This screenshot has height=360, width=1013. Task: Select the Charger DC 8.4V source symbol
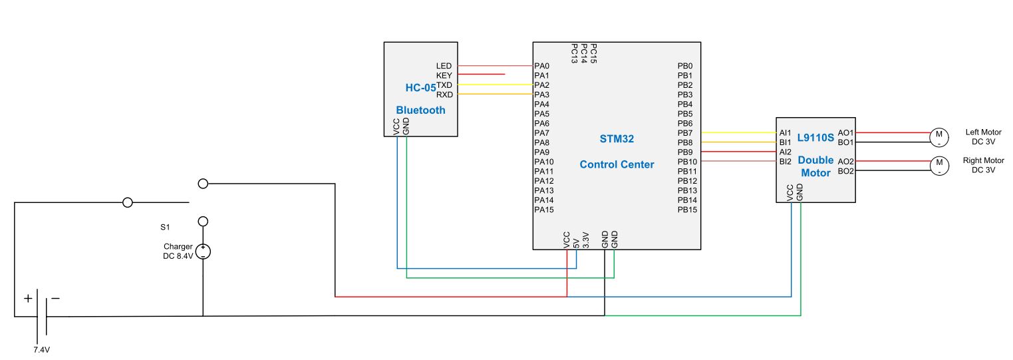203,252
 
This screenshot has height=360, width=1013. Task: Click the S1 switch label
165,227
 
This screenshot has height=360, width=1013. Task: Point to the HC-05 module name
420,87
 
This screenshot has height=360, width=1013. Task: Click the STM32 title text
617,140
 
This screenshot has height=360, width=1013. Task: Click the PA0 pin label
541,66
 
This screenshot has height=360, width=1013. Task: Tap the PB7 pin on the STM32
685,133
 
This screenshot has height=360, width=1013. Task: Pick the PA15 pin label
543,210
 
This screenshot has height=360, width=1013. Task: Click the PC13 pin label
574,53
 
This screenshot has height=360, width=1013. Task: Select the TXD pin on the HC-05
444,85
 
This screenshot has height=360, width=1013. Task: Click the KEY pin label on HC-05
444,75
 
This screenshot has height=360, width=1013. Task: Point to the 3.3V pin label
585,240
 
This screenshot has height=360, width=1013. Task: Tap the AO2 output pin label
845,162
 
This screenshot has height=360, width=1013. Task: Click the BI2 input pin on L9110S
785,162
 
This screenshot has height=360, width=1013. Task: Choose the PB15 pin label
687,210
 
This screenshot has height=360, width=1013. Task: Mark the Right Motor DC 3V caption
983,165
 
